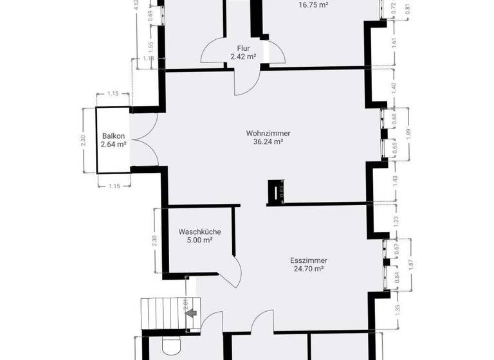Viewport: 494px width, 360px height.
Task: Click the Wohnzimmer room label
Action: pos(264,134)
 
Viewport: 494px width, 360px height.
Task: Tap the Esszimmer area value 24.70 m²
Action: pos(306,269)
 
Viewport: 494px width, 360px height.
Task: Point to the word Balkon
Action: pos(113,136)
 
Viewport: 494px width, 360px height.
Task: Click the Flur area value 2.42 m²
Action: pos(243,57)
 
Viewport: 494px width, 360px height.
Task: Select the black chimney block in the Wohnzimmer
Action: pos(275,191)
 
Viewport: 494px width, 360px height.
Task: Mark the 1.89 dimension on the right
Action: pos(407,132)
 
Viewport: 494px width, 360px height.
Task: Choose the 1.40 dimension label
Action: pos(394,88)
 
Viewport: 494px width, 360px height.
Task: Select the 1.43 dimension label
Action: pos(394,181)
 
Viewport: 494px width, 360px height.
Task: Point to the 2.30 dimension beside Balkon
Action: pos(83,139)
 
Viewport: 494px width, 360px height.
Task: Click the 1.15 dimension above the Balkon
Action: pos(113,94)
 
